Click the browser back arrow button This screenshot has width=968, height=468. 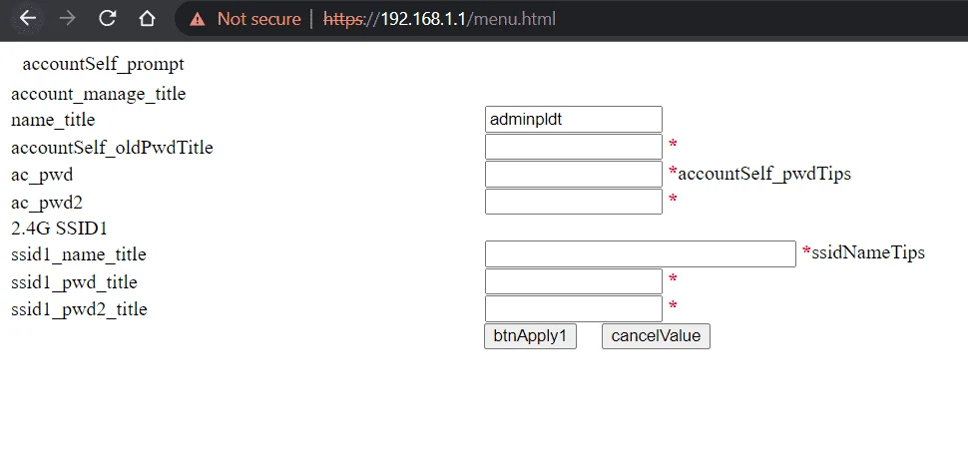pyautogui.click(x=28, y=19)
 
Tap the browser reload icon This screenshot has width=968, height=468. pyautogui.click(x=108, y=19)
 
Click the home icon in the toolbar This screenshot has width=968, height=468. pyautogui.click(x=147, y=19)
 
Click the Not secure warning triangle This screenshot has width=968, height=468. pyautogui.click(x=198, y=19)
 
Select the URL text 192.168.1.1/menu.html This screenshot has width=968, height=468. pyautogui.click(x=468, y=19)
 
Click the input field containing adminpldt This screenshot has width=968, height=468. pyautogui.click(x=574, y=119)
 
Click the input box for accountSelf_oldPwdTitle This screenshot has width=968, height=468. pyautogui.click(x=574, y=147)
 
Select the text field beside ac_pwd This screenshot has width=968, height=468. pyautogui.click(x=574, y=174)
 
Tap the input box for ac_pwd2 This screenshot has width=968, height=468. pyautogui.click(x=574, y=202)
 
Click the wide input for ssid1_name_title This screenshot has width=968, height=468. pyautogui.click(x=641, y=253)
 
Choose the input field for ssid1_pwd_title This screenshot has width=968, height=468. pyautogui.click(x=574, y=281)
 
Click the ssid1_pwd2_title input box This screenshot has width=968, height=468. pyautogui.click(x=574, y=308)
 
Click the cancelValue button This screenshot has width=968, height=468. pyautogui.click(x=656, y=336)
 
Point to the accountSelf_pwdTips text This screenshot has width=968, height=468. pyautogui.click(x=764, y=174)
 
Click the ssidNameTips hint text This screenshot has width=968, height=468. pyautogui.click(x=868, y=252)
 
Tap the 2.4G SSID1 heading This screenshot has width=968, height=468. pyautogui.click(x=59, y=229)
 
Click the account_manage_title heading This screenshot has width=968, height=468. pyautogui.click(x=98, y=94)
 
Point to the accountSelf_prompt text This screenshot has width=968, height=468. pyautogui.click(x=103, y=64)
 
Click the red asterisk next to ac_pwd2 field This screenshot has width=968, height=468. pyautogui.click(x=673, y=200)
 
